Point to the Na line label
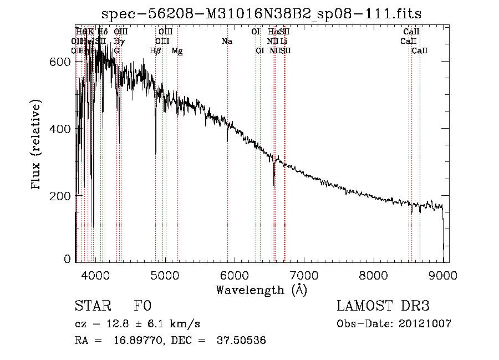tap(227, 42)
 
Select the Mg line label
tap(177, 51)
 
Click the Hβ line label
tap(156, 51)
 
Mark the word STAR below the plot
tap(92, 307)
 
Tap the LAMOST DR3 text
tap(383, 307)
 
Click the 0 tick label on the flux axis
tap(68, 258)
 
